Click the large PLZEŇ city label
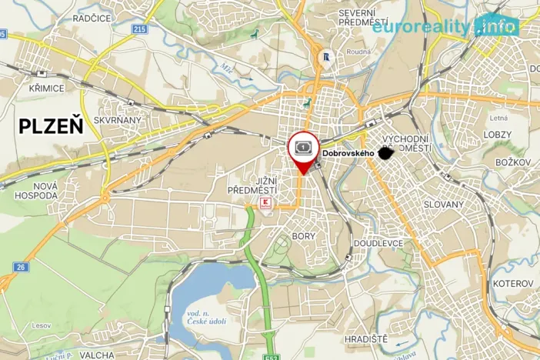point(51,125)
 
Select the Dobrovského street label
point(348,153)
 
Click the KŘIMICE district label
point(48,88)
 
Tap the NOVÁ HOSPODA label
point(35,191)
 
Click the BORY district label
point(304,236)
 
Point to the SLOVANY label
point(444,205)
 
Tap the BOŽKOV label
point(513,162)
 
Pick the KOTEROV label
point(513,284)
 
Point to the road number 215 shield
point(138,28)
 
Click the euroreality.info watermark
point(445,27)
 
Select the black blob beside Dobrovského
point(387,153)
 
